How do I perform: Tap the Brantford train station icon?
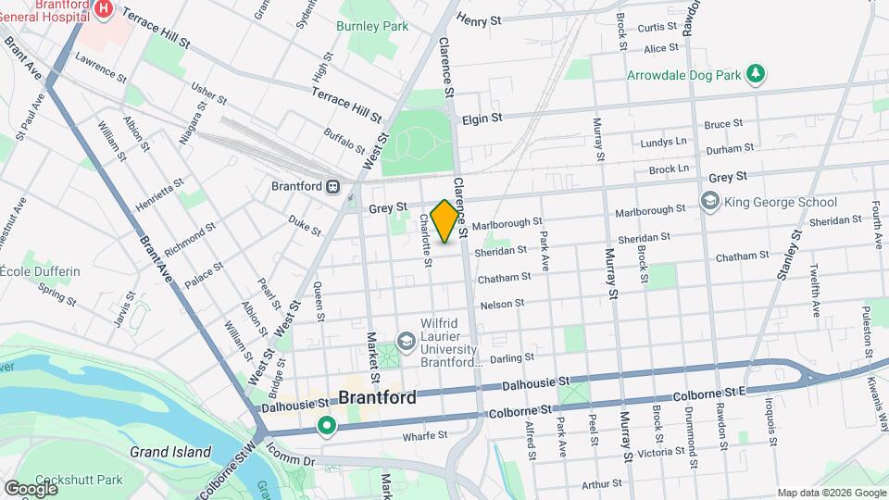click(332, 185)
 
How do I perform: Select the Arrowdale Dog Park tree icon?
click(758, 73)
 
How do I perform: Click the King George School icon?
click(710, 202)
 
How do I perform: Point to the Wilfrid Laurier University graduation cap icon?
click(406, 342)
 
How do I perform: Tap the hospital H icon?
click(104, 10)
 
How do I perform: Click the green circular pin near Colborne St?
click(326, 426)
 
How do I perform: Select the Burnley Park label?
click(372, 27)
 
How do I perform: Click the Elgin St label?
click(482, 119)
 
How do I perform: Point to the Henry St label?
click(479, 19)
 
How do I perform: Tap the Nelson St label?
click(502, 303)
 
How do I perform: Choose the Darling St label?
click(512, 357)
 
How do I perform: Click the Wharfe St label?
click(425, 434)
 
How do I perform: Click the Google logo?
click(31, 488)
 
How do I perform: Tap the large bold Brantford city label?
click(377, 397)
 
